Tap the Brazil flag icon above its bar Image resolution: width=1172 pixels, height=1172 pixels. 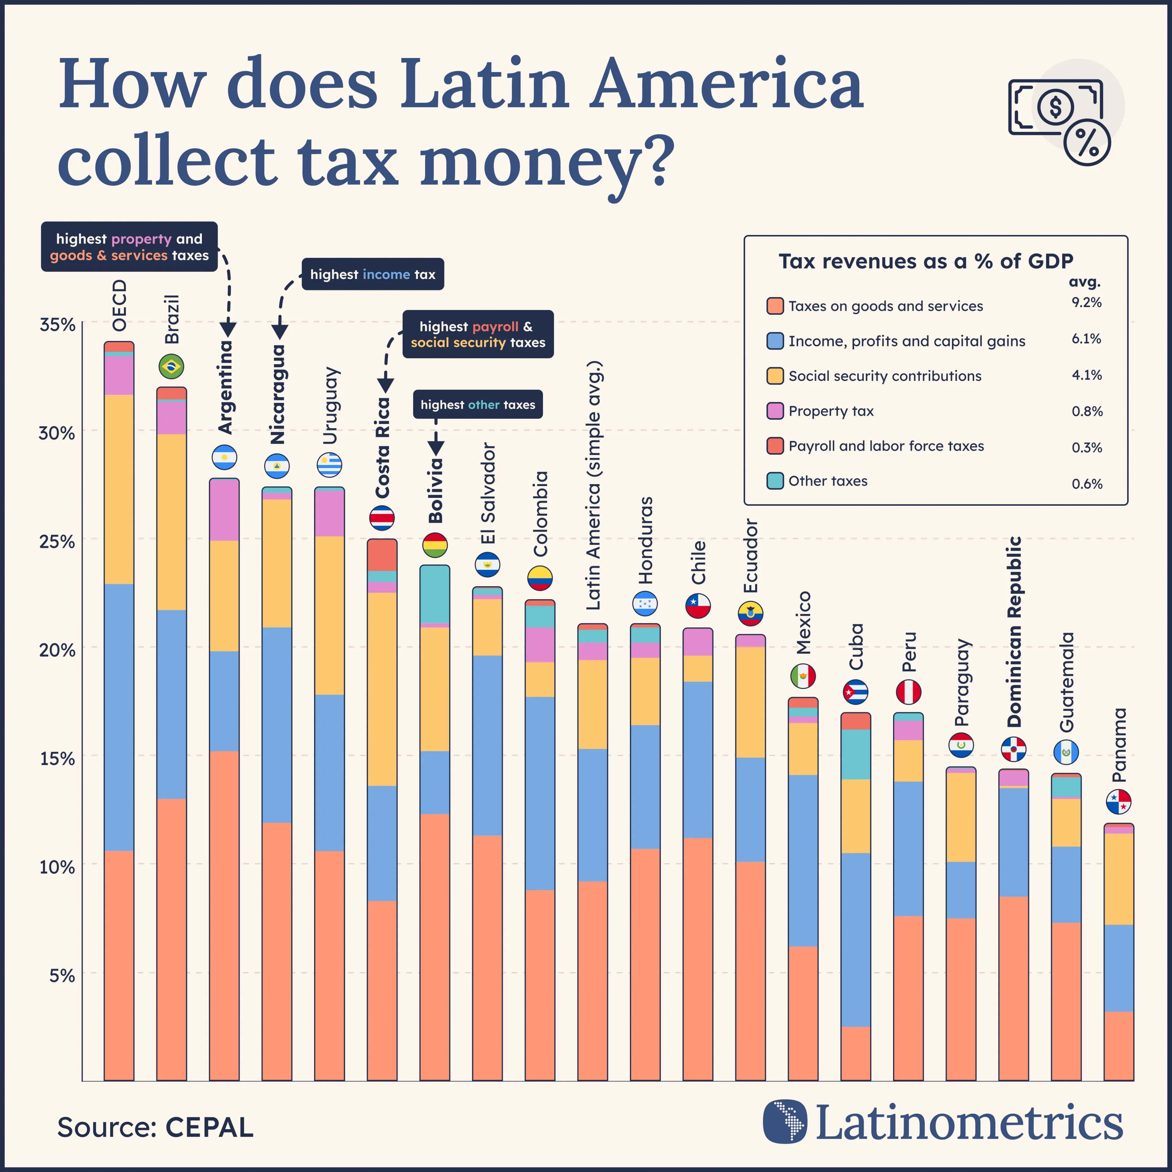(x=171, y=366)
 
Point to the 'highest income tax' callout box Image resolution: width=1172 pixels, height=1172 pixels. (x=372, y=274)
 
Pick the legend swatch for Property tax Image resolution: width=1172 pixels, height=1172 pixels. (x=775, y=411)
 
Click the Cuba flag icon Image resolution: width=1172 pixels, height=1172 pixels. (x=855, y=692)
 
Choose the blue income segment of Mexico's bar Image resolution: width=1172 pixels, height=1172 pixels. (x=803, y=860)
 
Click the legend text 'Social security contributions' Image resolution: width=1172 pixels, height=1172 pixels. (x=884, y=376)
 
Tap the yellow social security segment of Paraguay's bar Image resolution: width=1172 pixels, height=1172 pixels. (x=961, y=817)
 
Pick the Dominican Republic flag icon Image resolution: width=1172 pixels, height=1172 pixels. (x=1013, y=749)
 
